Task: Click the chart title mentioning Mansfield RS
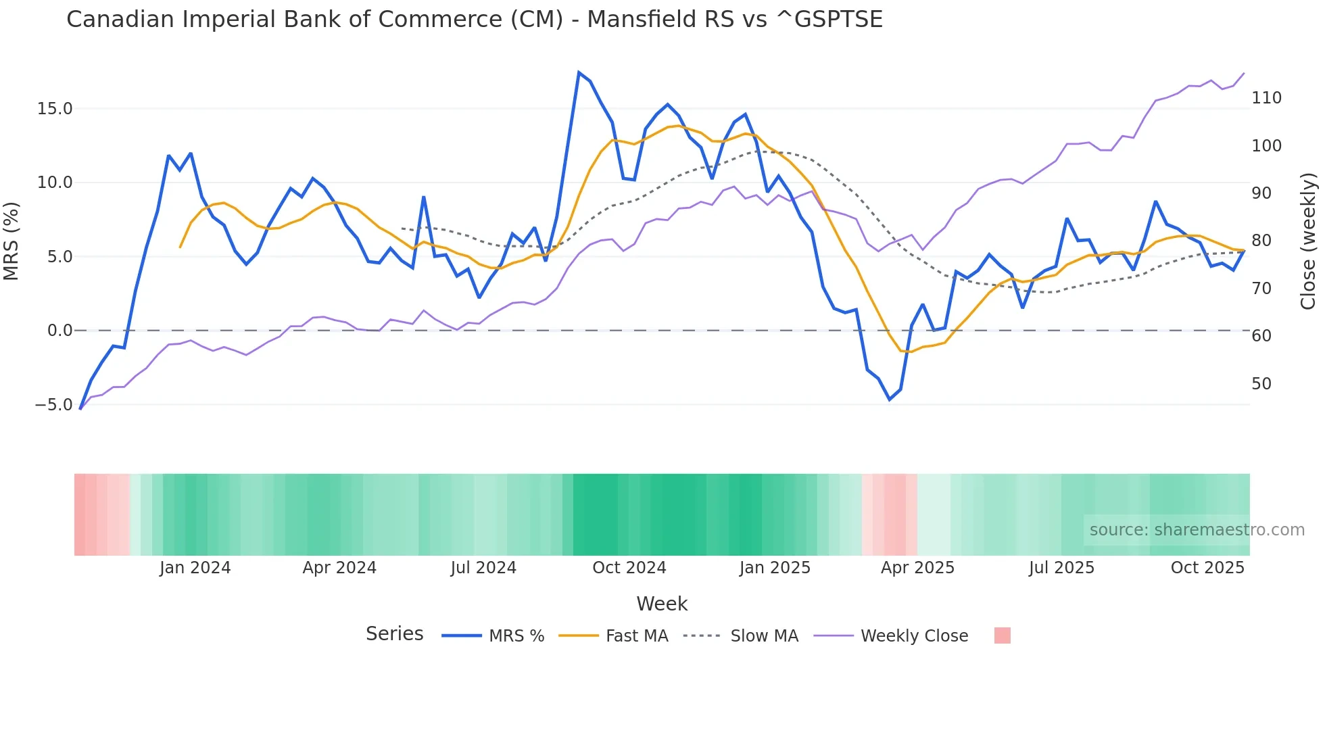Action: point(475,20)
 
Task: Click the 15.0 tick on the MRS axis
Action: point(55,109)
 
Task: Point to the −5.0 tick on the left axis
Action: point(53,405)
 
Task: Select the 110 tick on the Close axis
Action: point(1266,98)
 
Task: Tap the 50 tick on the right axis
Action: point(1261,384)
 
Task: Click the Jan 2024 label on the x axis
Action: point(195,568)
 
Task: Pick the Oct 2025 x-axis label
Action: point(1207,568)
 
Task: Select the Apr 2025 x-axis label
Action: point(917,568)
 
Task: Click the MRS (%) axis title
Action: point(11,241)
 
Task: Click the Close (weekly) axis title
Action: point(1309,241)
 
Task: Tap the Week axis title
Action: point(662,604)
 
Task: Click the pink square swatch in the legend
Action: point(1003,635)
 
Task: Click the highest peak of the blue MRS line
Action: point(579,72)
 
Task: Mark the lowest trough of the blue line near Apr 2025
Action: point(890,400)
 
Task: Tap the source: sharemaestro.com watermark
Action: point(1197,530)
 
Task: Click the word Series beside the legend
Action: point(394,634)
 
